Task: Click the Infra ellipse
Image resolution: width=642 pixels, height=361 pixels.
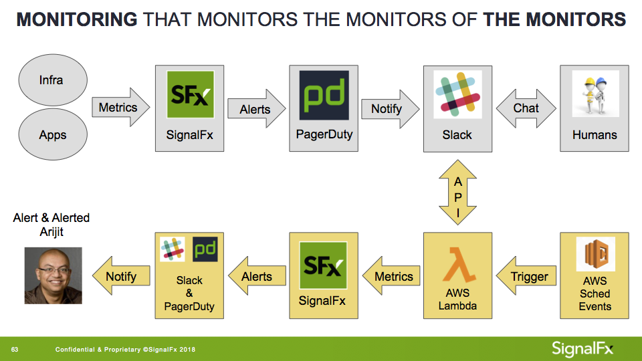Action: [53, 80]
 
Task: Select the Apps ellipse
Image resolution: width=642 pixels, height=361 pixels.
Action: [53, 134]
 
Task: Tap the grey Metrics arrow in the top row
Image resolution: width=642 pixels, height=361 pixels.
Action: [121, 107]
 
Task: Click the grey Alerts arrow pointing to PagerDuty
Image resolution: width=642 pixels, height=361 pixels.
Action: [256, 109]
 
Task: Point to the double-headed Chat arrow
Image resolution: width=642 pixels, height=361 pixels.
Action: [526, 108]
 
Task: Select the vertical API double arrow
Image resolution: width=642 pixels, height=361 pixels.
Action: [457, 193]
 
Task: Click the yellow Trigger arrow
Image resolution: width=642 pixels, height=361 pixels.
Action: [526, 276]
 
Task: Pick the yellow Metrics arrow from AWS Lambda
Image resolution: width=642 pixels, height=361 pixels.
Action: [391, 276]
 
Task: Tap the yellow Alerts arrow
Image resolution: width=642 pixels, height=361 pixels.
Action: [257, 276]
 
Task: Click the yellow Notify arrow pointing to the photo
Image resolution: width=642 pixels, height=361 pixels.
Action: [121, 276]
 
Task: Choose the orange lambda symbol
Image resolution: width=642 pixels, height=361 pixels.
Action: [459, 264]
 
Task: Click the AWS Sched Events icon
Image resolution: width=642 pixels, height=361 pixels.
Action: [595, 254]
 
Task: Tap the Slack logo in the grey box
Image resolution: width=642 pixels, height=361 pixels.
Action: [457, 94]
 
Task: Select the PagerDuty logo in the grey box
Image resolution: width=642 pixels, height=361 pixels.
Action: [324, 95]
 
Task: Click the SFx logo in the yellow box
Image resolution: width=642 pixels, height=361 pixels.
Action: [323, 265]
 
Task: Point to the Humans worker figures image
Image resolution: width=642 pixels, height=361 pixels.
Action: [595, 94]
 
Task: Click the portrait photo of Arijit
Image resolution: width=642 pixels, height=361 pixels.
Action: [53, 275]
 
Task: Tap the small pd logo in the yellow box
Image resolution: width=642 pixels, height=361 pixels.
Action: [205, 249]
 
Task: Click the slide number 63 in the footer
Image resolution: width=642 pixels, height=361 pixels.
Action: [15, 350]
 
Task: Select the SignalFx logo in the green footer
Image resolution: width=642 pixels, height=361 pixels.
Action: [582, 349]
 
